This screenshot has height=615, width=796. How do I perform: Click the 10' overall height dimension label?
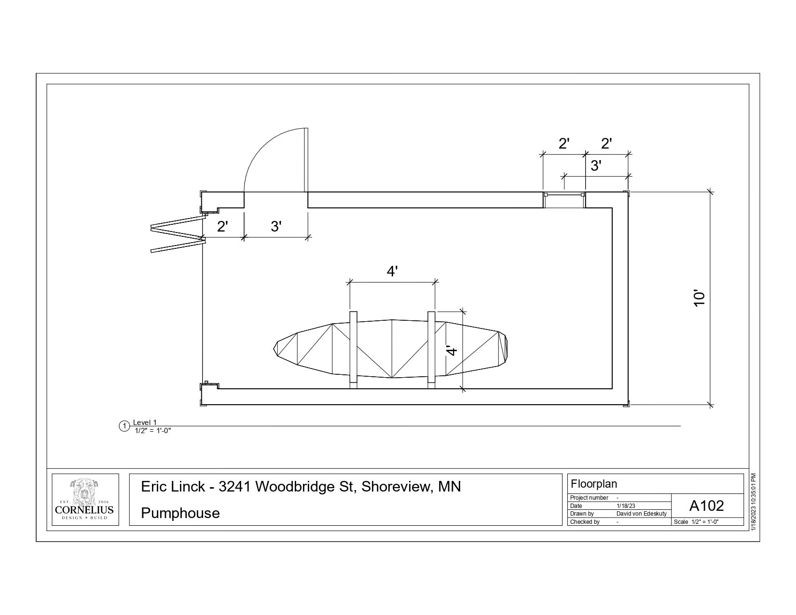pos(700,299)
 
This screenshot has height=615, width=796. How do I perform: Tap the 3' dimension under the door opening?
pos(276,226)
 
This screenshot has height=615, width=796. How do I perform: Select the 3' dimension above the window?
pos(596,166)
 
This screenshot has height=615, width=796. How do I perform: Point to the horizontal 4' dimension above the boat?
pos(392,272)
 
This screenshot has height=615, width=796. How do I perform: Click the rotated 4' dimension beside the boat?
pos(452,351)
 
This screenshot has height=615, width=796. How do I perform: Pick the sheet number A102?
pos(707,506)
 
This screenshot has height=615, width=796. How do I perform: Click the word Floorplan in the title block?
pos(594,484)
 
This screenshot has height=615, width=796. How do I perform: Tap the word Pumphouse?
pos(180,513)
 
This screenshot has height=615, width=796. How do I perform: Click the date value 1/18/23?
pos(626,506)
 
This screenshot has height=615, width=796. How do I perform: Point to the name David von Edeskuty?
pos(642,514)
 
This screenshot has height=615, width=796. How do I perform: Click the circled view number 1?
pos(124,426)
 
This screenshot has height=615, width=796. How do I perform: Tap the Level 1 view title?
pos(145,423)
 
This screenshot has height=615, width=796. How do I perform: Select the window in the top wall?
pos(564,200)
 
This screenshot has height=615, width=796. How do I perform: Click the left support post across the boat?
pos(353,350)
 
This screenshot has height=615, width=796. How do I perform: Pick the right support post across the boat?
pos(431,350)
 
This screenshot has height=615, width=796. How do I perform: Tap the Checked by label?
pos(585,521)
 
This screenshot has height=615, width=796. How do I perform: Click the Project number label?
pos(589,498)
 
